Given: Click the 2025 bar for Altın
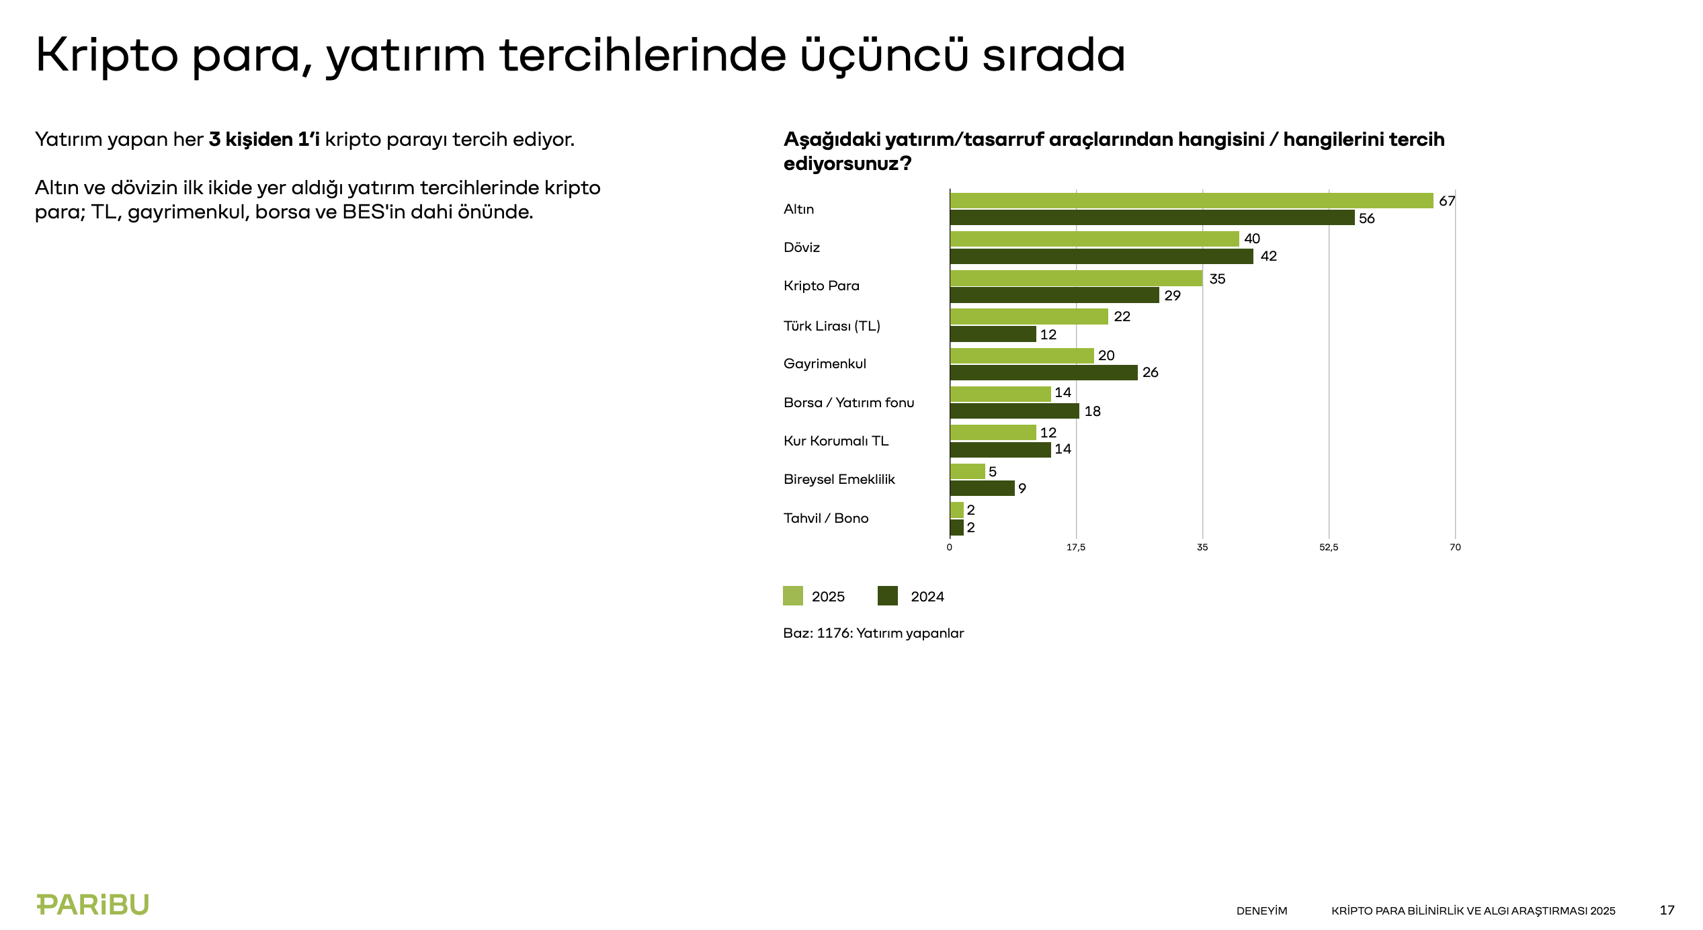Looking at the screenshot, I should [1191, 200].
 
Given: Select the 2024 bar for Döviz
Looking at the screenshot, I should [1101, 257].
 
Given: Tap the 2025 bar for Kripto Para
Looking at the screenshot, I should [1076, 278].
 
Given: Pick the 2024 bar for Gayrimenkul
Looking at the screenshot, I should [1043, 373].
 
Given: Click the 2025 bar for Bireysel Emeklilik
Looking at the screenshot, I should [967, 471].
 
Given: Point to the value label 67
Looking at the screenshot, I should [1446, 201].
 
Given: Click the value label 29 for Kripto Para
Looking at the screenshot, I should [1172, 296].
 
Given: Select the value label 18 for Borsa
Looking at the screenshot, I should [1092, 411].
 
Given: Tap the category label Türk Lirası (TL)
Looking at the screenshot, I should [831, 326].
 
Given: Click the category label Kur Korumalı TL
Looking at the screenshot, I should [835, 441].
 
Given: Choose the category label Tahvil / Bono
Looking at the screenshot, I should [825, 518].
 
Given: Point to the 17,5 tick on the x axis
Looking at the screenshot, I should [1075, 548].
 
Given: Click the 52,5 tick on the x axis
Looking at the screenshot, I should [1328, 548].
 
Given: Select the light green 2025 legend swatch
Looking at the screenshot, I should [792, 596].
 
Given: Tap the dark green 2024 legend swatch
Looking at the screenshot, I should [887, 596].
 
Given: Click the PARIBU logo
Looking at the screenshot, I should [93, 904].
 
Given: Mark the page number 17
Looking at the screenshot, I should [1667, 911].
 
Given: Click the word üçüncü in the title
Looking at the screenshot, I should [884, 55].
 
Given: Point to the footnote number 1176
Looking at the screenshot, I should [833, 633].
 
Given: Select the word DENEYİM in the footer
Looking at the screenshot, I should [1261, 911].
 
